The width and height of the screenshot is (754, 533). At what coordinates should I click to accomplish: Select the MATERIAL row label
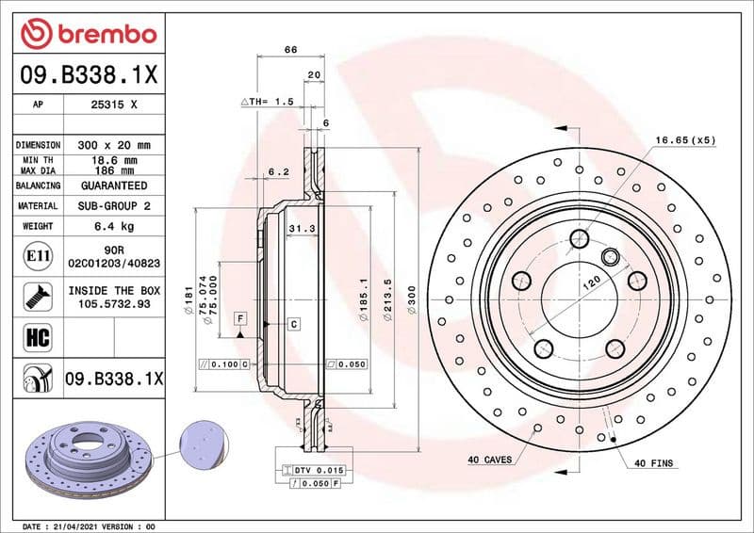[x=38, y=205]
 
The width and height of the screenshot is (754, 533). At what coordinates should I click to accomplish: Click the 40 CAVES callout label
[x=489, y=460]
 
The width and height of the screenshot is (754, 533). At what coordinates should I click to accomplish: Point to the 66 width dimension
[x=290, y=49]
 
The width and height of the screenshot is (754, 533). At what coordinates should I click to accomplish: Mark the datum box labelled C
[x=293, y=324]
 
